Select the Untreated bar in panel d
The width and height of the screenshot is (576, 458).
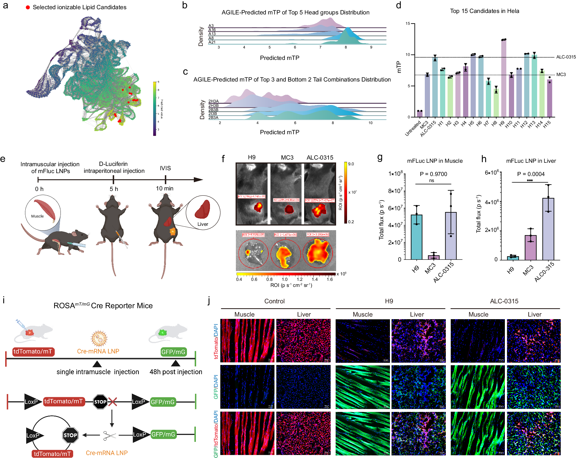(x=420, y=114)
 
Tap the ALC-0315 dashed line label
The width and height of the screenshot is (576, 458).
(x=566, y=57)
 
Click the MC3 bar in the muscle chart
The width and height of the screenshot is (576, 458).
(x=434, y=257)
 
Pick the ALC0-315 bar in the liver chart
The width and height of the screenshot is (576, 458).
(x=548, y=229)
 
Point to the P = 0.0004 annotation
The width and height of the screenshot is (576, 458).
(x=530, y=174)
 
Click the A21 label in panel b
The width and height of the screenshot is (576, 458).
(x=212, y=42)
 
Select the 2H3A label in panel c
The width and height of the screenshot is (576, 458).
(x=213, y=101)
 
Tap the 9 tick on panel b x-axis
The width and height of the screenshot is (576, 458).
(x=371, y=47)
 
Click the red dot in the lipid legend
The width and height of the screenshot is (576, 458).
(x=28, y=7)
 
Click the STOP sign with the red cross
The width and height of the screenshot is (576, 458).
(x=100, y=402)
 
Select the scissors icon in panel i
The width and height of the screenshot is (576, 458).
(x=109, y=436)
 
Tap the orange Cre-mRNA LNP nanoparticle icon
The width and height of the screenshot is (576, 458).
(x=99, y=338)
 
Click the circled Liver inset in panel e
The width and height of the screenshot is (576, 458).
(x=203, y=213)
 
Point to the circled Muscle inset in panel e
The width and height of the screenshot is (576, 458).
(x=43, y=212)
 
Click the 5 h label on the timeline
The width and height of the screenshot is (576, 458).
(x=114, y=189)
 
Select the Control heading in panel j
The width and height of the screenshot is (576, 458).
(x=274, y=301)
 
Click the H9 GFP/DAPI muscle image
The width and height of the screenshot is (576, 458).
(x=363, y=387)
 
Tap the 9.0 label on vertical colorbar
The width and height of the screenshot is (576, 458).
(x=351, y=164)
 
